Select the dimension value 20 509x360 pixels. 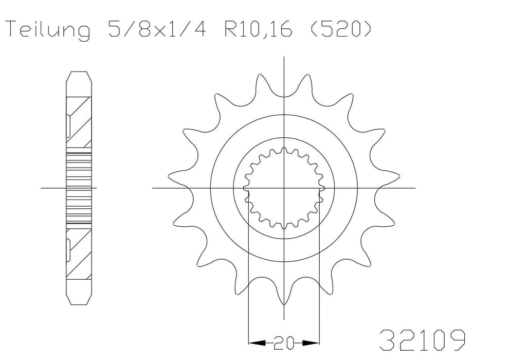click(284, 341)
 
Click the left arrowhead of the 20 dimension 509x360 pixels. click(253, 341)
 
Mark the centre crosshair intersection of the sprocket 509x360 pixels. click(284, 188)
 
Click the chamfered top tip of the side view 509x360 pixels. click(80, 77)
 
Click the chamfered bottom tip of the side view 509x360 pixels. click(80, 298)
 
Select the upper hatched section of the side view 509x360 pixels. click(80, 123)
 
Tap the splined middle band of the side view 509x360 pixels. click(80, 188)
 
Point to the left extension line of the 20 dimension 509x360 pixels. click(249, 283)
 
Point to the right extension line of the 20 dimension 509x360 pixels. click(319, 283)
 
